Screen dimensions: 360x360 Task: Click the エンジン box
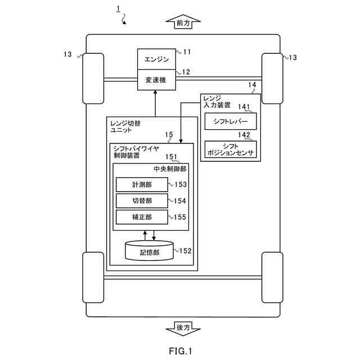pos(156,59)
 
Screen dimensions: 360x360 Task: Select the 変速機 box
pos(156,80)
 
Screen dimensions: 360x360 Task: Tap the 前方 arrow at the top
pos(179,23)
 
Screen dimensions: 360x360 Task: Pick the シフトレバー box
pos(230,121)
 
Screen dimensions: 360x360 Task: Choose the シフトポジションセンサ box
pos(230,149)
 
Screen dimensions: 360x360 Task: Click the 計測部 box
pos(142,184)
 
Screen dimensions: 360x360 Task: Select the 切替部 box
pos(142,201)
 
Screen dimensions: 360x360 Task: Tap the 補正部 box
pos(142,217)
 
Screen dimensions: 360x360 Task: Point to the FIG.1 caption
pos(180,352)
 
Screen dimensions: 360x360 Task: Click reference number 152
pos(186,251)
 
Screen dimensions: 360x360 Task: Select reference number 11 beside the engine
pos(186,52)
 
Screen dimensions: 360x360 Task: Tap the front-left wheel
pos(93,78)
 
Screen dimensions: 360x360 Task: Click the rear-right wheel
pos(272,277)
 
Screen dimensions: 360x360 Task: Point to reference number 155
pos(181,217)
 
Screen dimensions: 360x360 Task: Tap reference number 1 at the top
pos(118,8)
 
